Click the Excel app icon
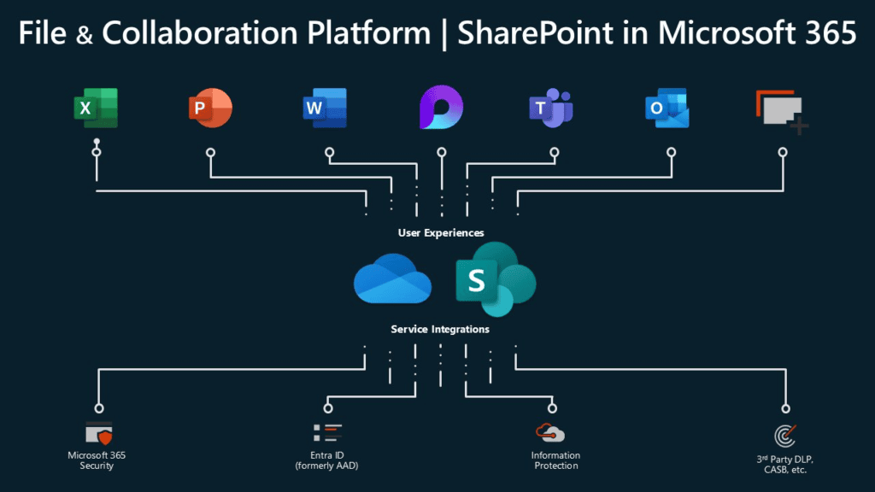coord(96,108)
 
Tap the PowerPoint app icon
coord(209,108)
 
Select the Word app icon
coord(325,108)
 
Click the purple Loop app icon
coord(441,108)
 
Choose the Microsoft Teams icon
coord(551,108)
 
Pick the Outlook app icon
coord(667,108)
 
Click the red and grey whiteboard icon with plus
coord(782,112)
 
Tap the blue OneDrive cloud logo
coord(393,278)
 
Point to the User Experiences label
coord(441,232)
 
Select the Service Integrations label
coord(441,328)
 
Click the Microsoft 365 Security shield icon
coord(99,433)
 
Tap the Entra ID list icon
coord(327,432)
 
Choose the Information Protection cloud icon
coord(550,432)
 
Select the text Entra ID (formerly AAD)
coord(327,460)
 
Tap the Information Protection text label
coord(555,460)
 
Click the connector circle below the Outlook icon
coord(671,152)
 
